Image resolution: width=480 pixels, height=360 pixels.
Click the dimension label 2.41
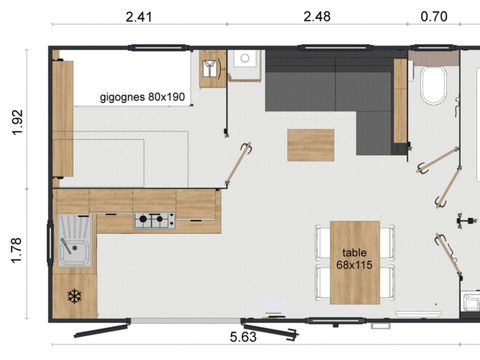pyautogui.click(x=139, y=16)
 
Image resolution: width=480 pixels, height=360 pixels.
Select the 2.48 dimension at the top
pyautogui.click(x=319, y=16)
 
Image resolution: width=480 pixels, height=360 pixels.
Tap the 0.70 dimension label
pyautogui.click(x=433, y=16)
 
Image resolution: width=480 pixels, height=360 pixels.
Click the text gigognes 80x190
pyautogui.click(x=141, y=98)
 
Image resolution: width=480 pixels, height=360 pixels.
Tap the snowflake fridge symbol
pyautogui.click(x=73, y=296)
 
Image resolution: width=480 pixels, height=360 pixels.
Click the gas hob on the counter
pyautogui.click(x=155, y=219)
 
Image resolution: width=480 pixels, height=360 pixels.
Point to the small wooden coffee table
pyautogui.click(x=310, y=144)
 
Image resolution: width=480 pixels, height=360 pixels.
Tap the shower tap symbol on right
pyautogui.click(x=462, y=218)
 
